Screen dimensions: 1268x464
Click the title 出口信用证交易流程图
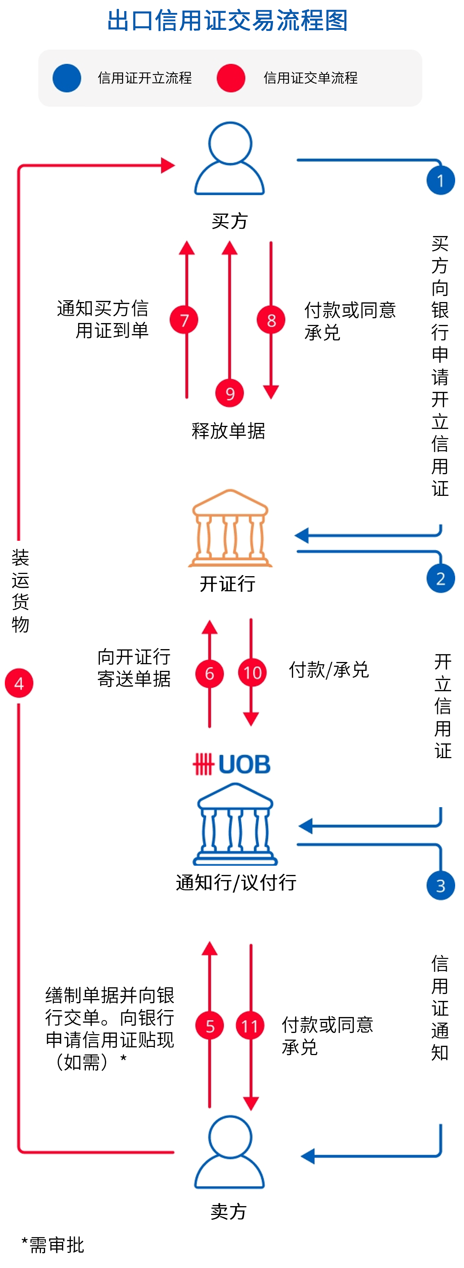[x=227, y=21]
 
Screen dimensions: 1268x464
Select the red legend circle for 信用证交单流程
[x=230, y=78]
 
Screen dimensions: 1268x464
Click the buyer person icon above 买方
[x=230, y=158]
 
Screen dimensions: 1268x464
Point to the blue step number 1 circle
[x=440, y=181]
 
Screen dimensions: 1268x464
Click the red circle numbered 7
[x=184, y=320]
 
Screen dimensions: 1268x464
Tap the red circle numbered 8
[x=271, y=320]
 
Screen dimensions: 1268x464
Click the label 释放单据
[x=228, y=431]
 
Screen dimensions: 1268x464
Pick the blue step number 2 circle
[x=440, y=578]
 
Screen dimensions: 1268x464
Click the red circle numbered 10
[x=252, y=673]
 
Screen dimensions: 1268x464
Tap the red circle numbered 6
[x=209, y=673]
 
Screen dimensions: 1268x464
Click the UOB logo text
[x=231, y=764]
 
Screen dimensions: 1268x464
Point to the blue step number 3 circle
[x=440, y=886]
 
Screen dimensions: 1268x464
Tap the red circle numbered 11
[x=250, y=1026]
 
